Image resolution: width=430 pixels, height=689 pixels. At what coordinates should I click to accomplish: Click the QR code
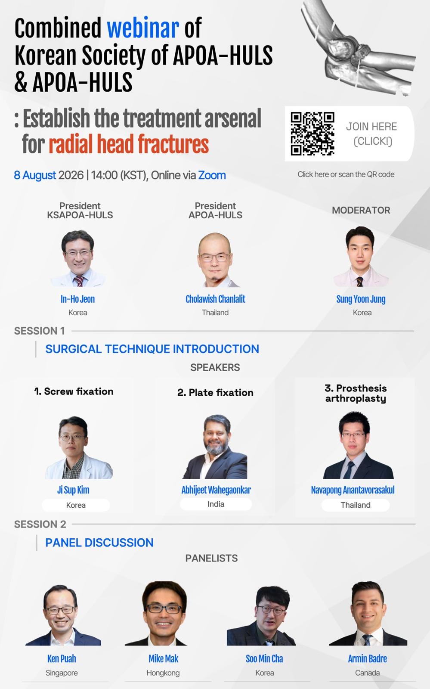(x=312, y=133)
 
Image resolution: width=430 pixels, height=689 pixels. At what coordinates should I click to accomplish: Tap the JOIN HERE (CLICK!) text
(x=371, y=134)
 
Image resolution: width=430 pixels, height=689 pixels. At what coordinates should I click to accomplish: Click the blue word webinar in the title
(x=143, y=28)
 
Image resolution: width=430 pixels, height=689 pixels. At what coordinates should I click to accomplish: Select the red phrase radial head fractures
(x=129, y=144)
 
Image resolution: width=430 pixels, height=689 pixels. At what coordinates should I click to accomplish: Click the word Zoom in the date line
(x=212, y=175)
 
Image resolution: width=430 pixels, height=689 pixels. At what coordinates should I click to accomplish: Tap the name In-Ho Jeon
(x=78, y=299)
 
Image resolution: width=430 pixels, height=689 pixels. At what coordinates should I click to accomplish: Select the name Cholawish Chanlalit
(x=216, y=299)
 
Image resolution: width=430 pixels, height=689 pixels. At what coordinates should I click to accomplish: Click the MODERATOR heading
(x=361, y=210)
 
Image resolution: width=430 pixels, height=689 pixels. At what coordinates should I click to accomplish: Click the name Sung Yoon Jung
(x=361, y=299)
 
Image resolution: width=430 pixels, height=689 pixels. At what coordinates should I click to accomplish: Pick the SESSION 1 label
(x=39, y=331)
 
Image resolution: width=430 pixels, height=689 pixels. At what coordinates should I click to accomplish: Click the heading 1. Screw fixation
(x=74, y=391)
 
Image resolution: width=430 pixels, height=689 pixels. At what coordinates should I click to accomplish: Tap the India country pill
(x=216, y=504)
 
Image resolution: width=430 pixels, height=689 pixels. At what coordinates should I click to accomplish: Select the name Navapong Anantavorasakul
(x=353, y=490)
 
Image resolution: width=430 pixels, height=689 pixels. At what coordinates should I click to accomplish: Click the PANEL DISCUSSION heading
(x=99, y=543)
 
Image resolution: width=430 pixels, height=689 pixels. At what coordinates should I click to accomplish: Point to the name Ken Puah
(x=62, y=658)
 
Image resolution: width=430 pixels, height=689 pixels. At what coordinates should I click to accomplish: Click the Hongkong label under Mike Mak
(x=163, y=673)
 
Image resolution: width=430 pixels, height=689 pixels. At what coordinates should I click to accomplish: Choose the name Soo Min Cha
(x=264, y=658)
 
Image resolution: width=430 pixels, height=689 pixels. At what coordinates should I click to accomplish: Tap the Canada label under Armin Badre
(x=367, y=673)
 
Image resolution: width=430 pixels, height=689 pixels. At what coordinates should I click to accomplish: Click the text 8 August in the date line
(x=35, y=175)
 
